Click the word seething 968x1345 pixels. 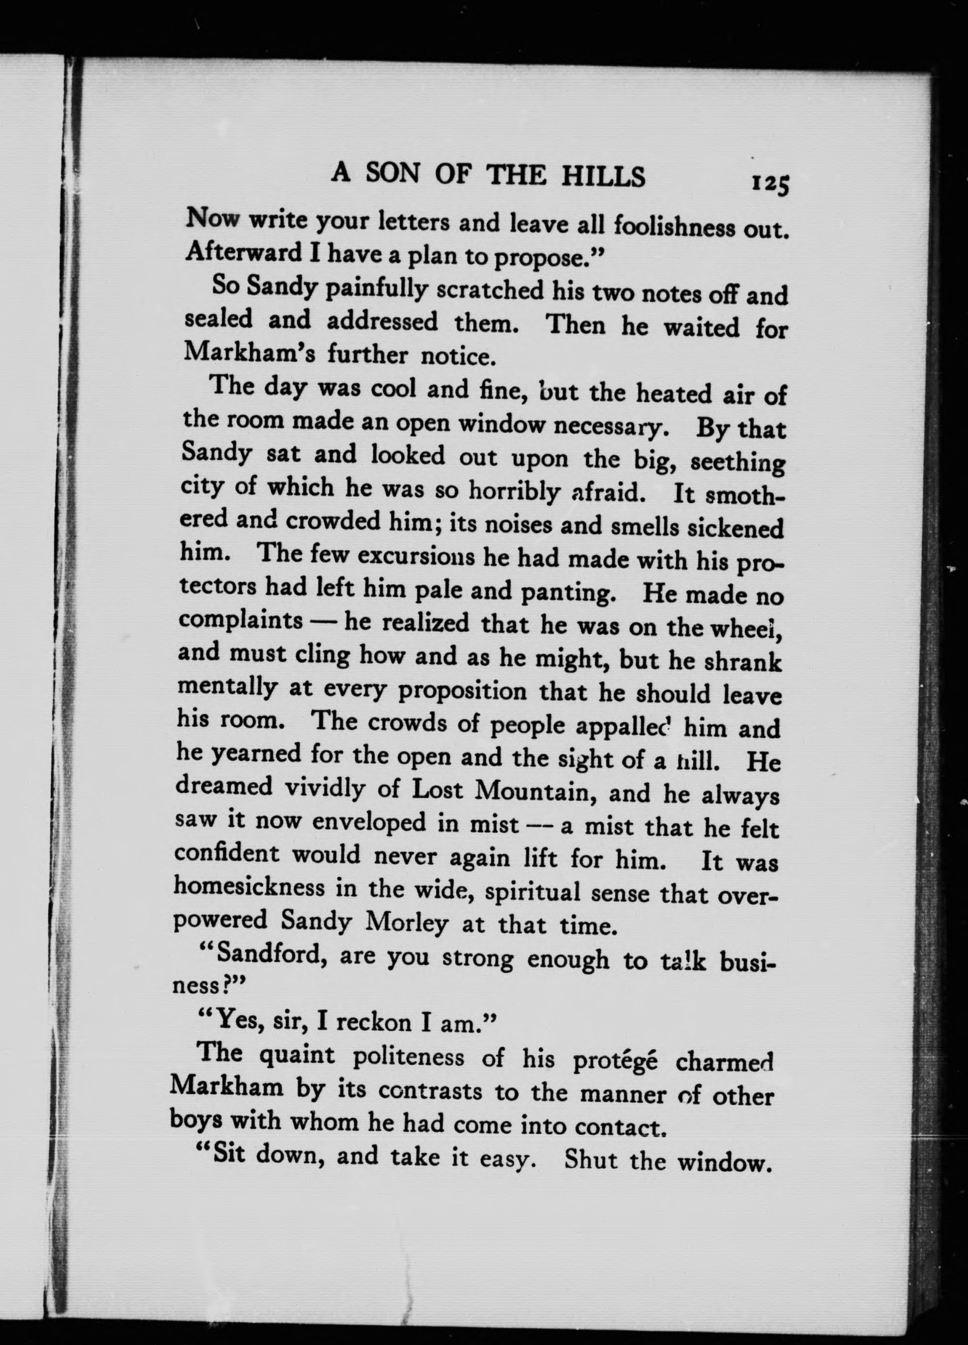coord(738,462)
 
